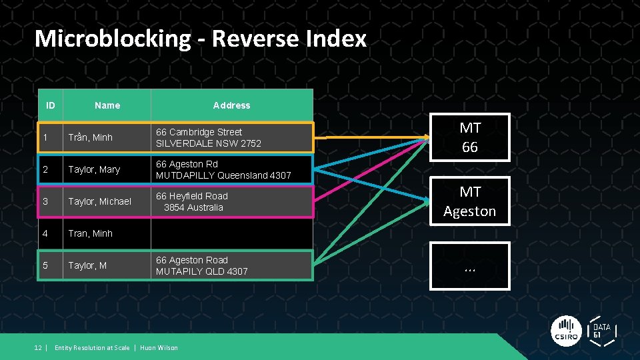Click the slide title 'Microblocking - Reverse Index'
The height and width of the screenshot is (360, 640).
pyautogui.click(x=200, y=39)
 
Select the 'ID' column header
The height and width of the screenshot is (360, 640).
pyautogui.click(x=50, y=105)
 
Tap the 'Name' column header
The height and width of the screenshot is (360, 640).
pyautogui.click(x=107, y=105)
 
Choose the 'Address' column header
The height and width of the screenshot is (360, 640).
pyautogui.click(x=231, y=105)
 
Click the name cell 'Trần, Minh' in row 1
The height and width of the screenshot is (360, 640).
pyautogui.click(x=90, y=137)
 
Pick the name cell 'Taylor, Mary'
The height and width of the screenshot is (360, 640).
pyautogui.click(x=94, y=169)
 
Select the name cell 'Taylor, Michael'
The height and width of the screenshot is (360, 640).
pyautogui.click(x=99, y=201)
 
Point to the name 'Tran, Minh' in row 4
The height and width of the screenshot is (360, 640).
pyautogui.click(x=90, y=233)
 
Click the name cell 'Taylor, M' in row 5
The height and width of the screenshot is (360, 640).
pyautogui.click(x=87, y=265)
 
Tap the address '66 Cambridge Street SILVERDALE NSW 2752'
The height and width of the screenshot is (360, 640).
pyautogui.click(x=209, y=137)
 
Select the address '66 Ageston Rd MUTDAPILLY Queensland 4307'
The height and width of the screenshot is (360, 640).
pyautogui.click(x=223, y=169)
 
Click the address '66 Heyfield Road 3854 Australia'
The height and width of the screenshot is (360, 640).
pyautogui.click(x=192, y=201)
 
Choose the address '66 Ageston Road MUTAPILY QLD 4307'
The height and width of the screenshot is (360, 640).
pyautogui.click(x=201, y=265)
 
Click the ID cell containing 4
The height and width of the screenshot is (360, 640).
pyautogui.click(x=45, y=233)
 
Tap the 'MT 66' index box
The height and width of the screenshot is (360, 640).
pyautogui.click(x=470, y=137)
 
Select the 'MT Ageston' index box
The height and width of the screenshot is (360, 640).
pyautogui.click(x=470, y=201)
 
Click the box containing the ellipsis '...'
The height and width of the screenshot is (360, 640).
pyautogui.click(x=470, y=266)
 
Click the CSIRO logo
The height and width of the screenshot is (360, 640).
pyautogui.click(x=567, y=331)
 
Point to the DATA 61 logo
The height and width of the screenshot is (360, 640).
pyautogui.click(x=602, y=331)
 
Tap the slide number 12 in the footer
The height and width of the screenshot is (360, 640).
pyautogui.click(x=38, y=347)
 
